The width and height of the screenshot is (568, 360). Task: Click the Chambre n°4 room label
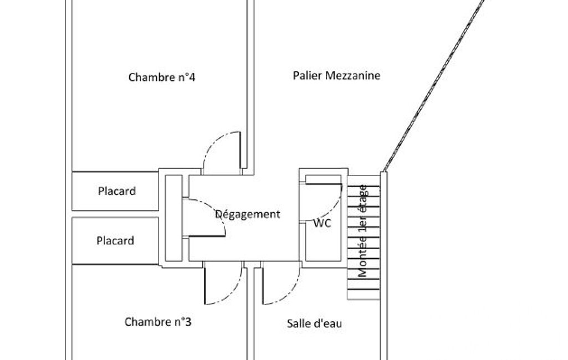pos(161,77)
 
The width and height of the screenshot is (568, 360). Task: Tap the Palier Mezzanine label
pos(336,75)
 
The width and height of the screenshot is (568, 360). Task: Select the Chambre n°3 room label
pos(158,322)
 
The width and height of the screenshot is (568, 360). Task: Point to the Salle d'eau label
pos(314,323)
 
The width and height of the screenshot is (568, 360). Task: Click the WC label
pos(322,224)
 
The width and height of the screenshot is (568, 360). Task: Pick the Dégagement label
pos(248,214)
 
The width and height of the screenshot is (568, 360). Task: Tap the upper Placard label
pos(116,192)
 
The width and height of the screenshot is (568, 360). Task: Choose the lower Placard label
pos(115,241)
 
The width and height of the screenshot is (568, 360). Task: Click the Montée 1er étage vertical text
pos(363,230)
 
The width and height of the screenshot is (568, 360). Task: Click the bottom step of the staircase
pos(364,294)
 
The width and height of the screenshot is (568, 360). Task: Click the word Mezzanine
pos(353,75)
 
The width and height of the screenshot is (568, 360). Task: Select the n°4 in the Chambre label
pos(186,77)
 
